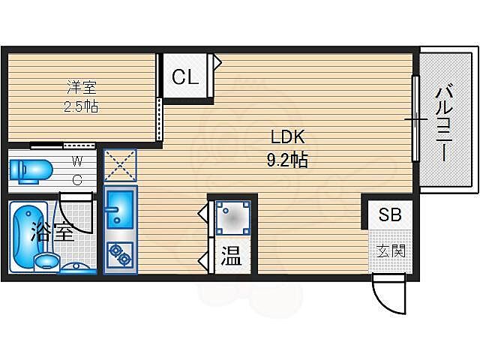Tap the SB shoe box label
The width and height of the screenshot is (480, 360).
click(x=389, y=214)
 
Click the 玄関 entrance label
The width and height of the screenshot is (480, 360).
click(x=390, y=250)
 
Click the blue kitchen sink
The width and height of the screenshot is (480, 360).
click(x=118, y=209)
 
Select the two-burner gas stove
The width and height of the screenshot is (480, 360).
click(x=118, y=256)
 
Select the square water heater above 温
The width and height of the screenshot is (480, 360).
click(x=232, y=217)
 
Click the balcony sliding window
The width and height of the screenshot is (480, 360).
click(x=414, y=118)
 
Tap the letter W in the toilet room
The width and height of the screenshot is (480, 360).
click(x=78, y=160)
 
